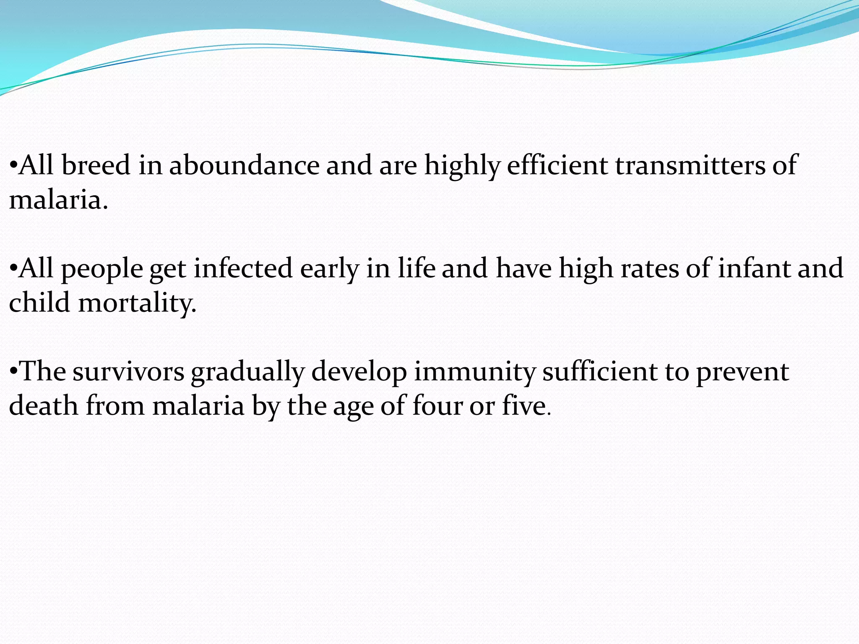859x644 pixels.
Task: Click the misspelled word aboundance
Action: click(244, 165)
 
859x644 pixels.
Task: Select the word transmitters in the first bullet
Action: click(690, 165)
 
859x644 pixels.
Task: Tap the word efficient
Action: click(557, 165)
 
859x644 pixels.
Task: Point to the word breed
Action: click(96, 165)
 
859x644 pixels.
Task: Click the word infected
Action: click(243, 268)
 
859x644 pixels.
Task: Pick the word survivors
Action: click(128, 371)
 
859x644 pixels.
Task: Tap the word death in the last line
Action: click(44, 406)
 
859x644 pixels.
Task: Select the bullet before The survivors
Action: click(13, 371)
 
